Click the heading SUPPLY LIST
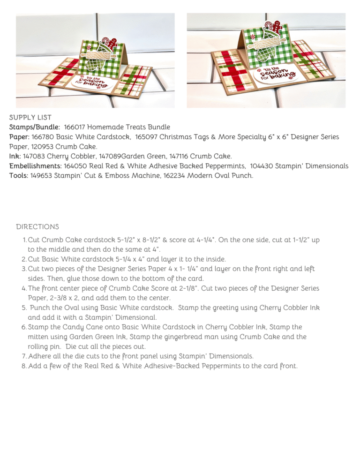pos(30,118)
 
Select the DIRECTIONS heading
pos(37,226)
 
